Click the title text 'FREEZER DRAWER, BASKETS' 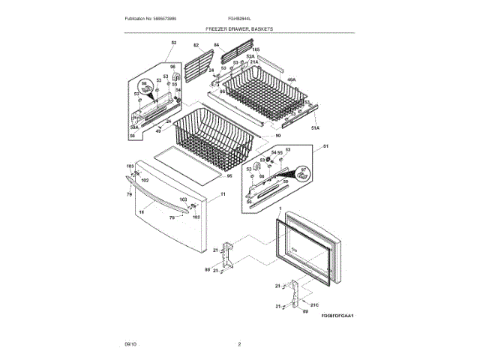240,28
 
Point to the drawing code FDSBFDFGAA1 337,316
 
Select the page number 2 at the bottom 239,343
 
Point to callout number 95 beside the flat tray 229,176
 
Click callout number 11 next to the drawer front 223,193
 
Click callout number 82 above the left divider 197,45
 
